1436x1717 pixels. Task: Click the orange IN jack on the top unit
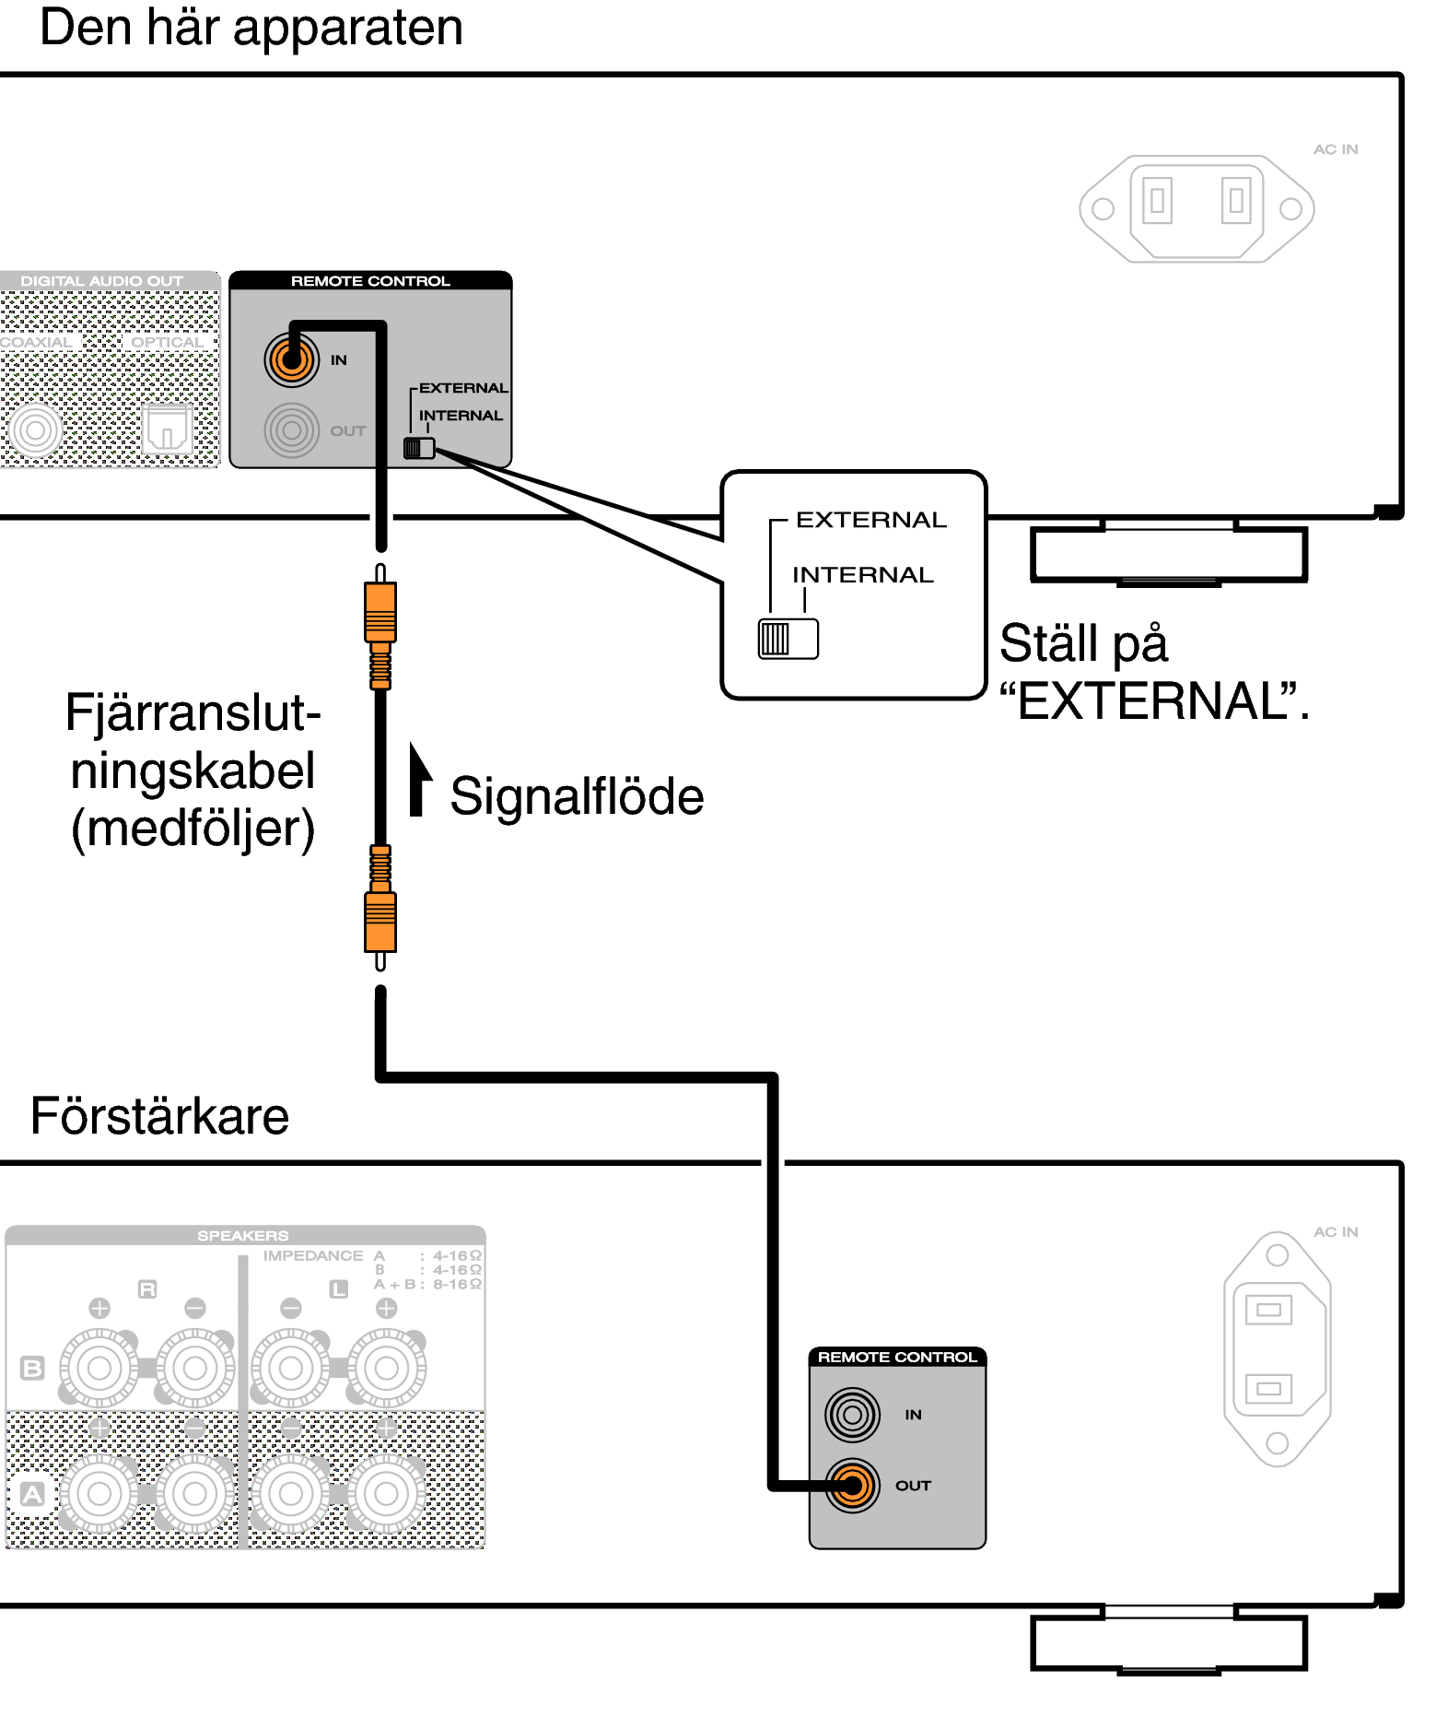tap(291, 359)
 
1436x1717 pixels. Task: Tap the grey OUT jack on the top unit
tap(291, 430)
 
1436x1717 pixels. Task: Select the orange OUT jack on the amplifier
tap(852, 1485)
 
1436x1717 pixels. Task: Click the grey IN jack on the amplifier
tap(852, 1414)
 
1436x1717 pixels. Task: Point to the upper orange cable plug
tap(380, 613)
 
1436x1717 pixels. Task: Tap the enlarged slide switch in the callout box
tap(788, 639)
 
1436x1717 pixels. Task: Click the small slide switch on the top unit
tap(419, 449)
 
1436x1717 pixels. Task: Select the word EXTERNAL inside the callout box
tap(870, 520)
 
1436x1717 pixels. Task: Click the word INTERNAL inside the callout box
tap(863, 575)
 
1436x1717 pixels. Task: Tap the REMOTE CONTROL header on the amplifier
tap(897, 1357)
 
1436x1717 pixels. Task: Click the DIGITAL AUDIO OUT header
tap(102, 280)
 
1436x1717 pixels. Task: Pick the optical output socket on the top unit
tap(168, 429)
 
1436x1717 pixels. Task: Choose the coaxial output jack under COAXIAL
tap(36, 429)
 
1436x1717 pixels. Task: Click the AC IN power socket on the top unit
tap(1197, 208)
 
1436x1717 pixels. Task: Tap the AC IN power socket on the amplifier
tap(1277, 1348)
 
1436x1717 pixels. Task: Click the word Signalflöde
tap(577, 796)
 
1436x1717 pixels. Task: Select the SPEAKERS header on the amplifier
tap(243, 1235)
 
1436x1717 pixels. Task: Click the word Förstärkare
tap(159, 1116)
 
